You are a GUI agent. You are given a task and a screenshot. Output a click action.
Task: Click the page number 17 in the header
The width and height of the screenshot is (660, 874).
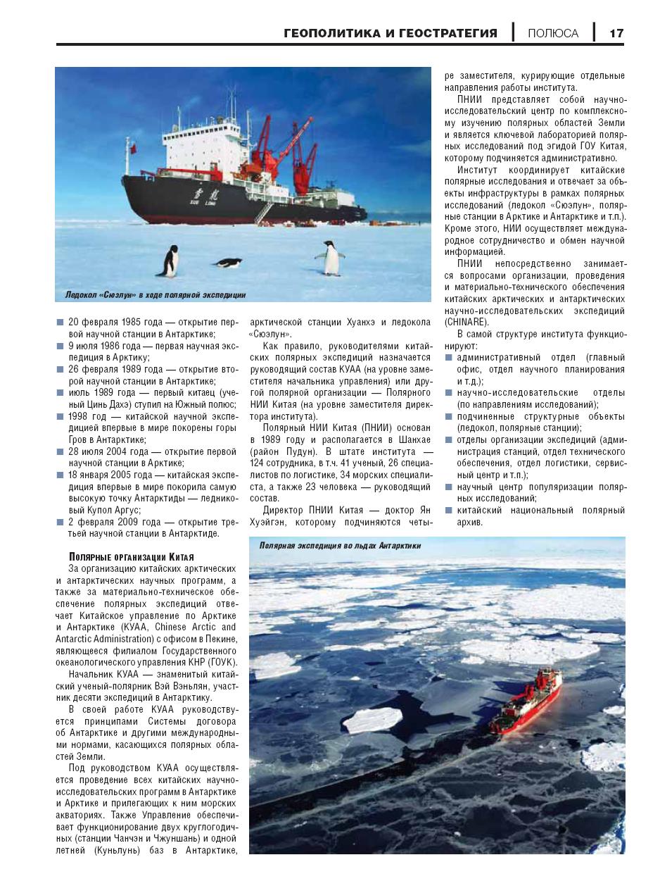(x=616, y=33)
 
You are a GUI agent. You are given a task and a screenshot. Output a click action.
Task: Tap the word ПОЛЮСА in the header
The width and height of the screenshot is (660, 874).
(x=553, y=33)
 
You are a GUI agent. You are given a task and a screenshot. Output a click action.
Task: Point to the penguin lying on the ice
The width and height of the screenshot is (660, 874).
(x=228, y=263)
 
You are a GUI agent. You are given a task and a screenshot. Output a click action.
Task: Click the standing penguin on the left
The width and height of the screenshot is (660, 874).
(x=170, y=261)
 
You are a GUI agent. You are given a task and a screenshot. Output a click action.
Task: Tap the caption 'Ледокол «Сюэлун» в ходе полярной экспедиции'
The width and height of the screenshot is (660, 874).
(x=155, y=295)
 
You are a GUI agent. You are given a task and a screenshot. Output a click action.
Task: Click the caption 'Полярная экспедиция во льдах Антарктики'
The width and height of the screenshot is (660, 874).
(x=340, y=546)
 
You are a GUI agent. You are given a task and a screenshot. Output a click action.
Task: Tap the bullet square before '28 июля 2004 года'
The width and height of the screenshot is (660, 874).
(x=61, y=452)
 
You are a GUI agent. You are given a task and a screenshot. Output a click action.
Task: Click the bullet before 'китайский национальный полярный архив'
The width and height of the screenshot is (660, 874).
(x=449, y=511)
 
